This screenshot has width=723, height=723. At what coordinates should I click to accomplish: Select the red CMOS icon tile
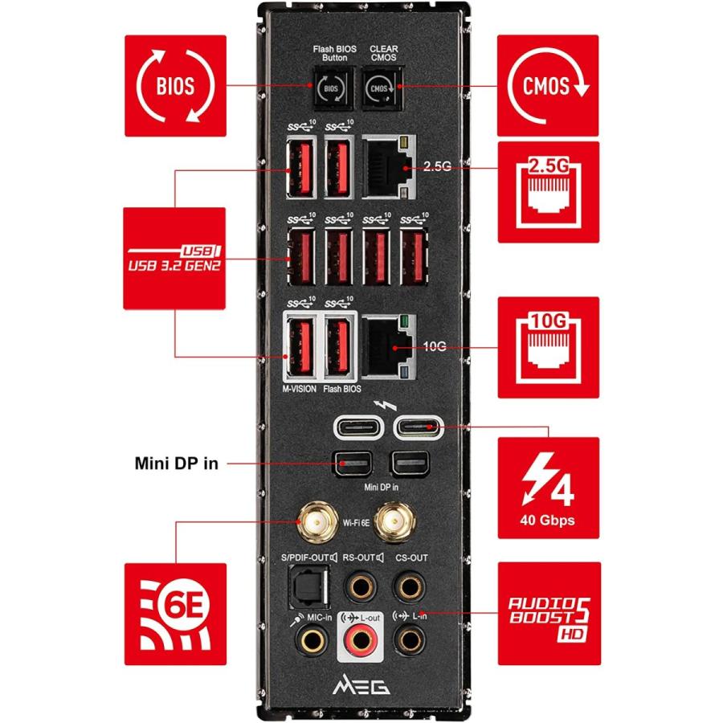pyautogui.click(x=549, y=85)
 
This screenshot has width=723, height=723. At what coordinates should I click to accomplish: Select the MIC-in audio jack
pyautogui.click(x=310, y=639)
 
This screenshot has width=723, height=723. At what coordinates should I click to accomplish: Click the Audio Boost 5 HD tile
pyautogui.click(x=549, y=613)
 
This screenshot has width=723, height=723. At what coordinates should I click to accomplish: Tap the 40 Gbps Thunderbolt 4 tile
pyautogui.click(x=549, y=487)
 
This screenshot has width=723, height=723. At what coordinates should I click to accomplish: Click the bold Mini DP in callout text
pyautogui.click(x=176, y=464)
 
